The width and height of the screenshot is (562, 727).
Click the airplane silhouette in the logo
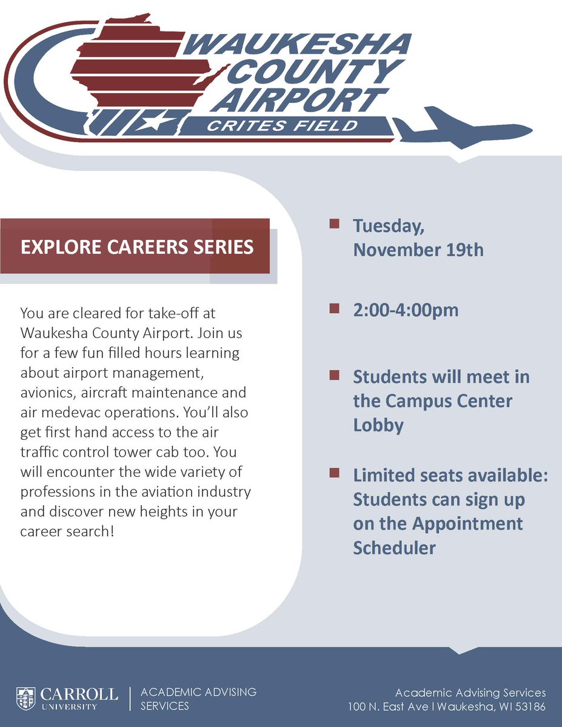461,128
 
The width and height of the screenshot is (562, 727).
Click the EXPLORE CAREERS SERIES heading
136,247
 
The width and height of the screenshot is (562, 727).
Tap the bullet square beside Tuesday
333,225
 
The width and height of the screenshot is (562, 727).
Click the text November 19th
418,250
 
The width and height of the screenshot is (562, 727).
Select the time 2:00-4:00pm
406,310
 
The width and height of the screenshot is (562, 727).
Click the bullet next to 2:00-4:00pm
333,309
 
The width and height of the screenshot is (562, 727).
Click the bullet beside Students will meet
333,376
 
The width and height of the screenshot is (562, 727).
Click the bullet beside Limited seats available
333,472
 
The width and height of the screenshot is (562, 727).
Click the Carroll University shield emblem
26,698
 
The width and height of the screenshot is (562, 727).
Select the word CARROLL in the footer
79,693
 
